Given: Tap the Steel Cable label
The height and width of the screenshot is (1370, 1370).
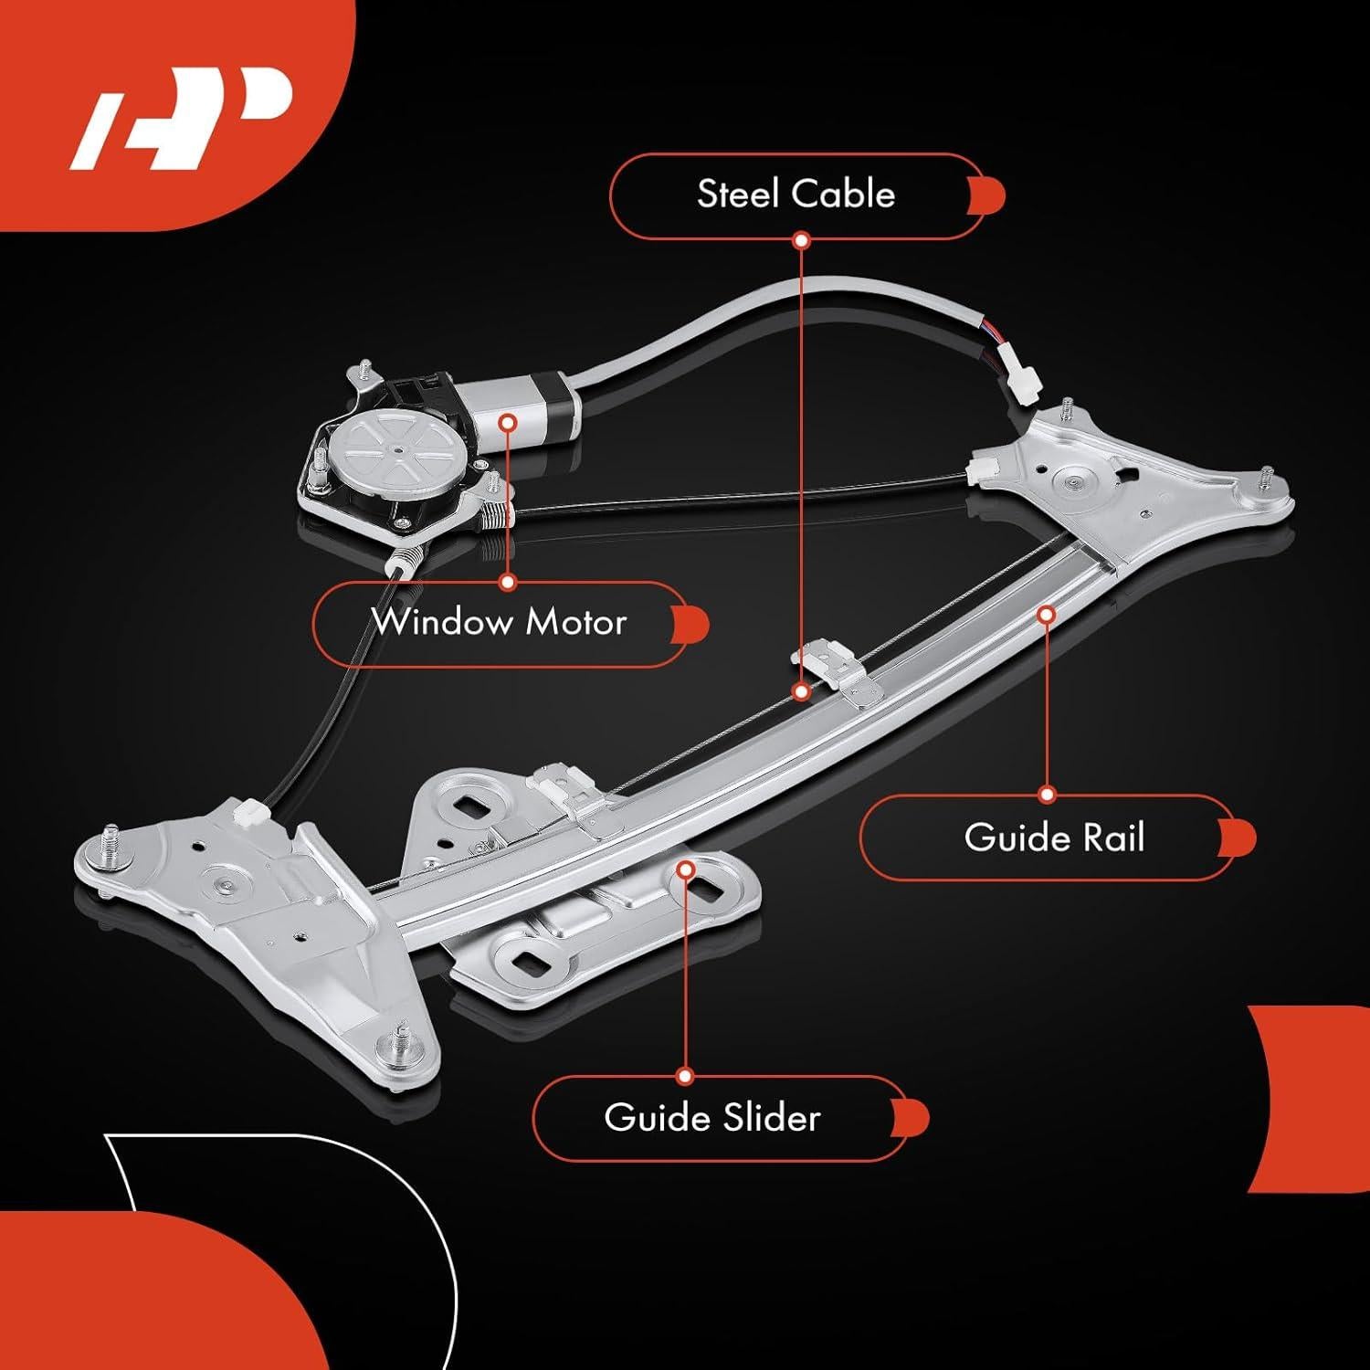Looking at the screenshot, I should coord(796,195).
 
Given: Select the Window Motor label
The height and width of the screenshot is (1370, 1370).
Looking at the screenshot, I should coord(499,624).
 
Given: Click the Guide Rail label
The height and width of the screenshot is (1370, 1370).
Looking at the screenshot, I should coord(1054,838).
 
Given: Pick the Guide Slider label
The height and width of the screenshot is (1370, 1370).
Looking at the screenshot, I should coord(712,1118).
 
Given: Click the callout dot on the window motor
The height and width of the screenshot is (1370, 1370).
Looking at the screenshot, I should coord(509,421).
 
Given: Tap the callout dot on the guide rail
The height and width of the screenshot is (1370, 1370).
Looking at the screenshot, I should coord(1047,615).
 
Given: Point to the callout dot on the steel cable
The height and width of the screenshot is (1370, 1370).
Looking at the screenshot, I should coord(801,691).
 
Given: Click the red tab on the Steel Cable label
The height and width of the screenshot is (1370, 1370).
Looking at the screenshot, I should coord(991,195).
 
